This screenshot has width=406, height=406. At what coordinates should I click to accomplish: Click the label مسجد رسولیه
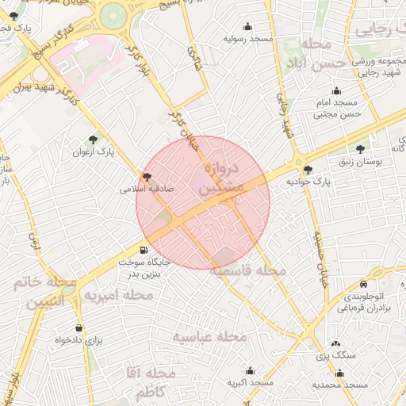click(x=247, y=38)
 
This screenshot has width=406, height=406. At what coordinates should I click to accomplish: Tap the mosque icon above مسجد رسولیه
click(x=247, y=26)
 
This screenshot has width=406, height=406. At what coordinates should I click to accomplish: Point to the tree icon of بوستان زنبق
click(x=361, y=149)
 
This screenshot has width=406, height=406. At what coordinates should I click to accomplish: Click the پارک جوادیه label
click(x=309, y=182)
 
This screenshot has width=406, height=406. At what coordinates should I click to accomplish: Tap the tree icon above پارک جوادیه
click(x=308, y=170)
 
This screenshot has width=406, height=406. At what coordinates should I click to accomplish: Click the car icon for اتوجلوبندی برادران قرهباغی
click(x=363, y=284)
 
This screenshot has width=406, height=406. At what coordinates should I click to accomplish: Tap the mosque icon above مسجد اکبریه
click(x=251, y=371)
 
